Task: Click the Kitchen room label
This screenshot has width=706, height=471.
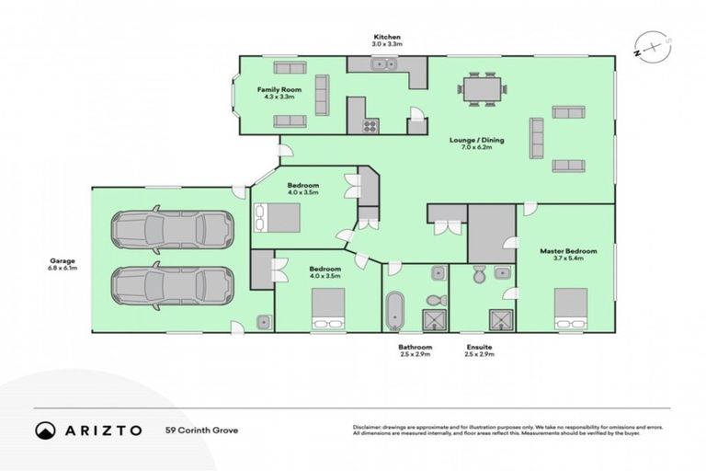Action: coord(386,37)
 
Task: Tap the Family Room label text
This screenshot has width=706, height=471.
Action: coord(279,88)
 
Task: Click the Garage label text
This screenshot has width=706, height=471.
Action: coord(63,260)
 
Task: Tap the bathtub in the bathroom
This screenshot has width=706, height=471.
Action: coord(395,311)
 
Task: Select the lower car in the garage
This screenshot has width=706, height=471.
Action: coord(171,285)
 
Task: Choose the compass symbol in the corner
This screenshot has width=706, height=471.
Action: coord(652,46)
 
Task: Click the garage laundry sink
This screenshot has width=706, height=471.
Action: coord(264,322)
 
